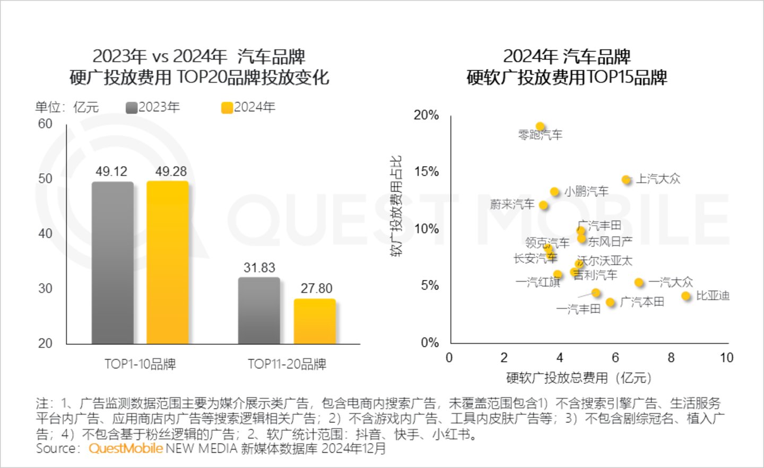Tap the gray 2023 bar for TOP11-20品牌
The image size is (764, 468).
pos(259,310)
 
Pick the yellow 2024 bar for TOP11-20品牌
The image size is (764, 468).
pos(315,321)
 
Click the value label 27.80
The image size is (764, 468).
pos(316,288)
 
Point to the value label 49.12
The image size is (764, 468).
pos(111,171)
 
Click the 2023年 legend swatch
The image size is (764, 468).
pos(132,108)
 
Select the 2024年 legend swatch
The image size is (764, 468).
pos(227,108)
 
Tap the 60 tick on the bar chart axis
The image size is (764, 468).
pos(45,124)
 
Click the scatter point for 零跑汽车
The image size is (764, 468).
pos(540,127)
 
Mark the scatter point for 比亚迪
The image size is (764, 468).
pos(686,296)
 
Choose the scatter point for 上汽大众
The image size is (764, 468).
pos(627,180)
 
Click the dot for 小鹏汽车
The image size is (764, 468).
pos(554,192)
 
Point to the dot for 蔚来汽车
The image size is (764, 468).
pos(543,205)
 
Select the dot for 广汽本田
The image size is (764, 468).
pos(611,302)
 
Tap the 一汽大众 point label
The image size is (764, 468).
pos(671,282)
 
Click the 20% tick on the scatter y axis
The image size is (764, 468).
pos(426,115)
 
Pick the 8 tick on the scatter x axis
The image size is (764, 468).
pos(671,358)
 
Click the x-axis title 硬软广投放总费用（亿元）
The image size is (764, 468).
pos(579,378)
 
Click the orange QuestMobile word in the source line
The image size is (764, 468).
pos(126,448)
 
